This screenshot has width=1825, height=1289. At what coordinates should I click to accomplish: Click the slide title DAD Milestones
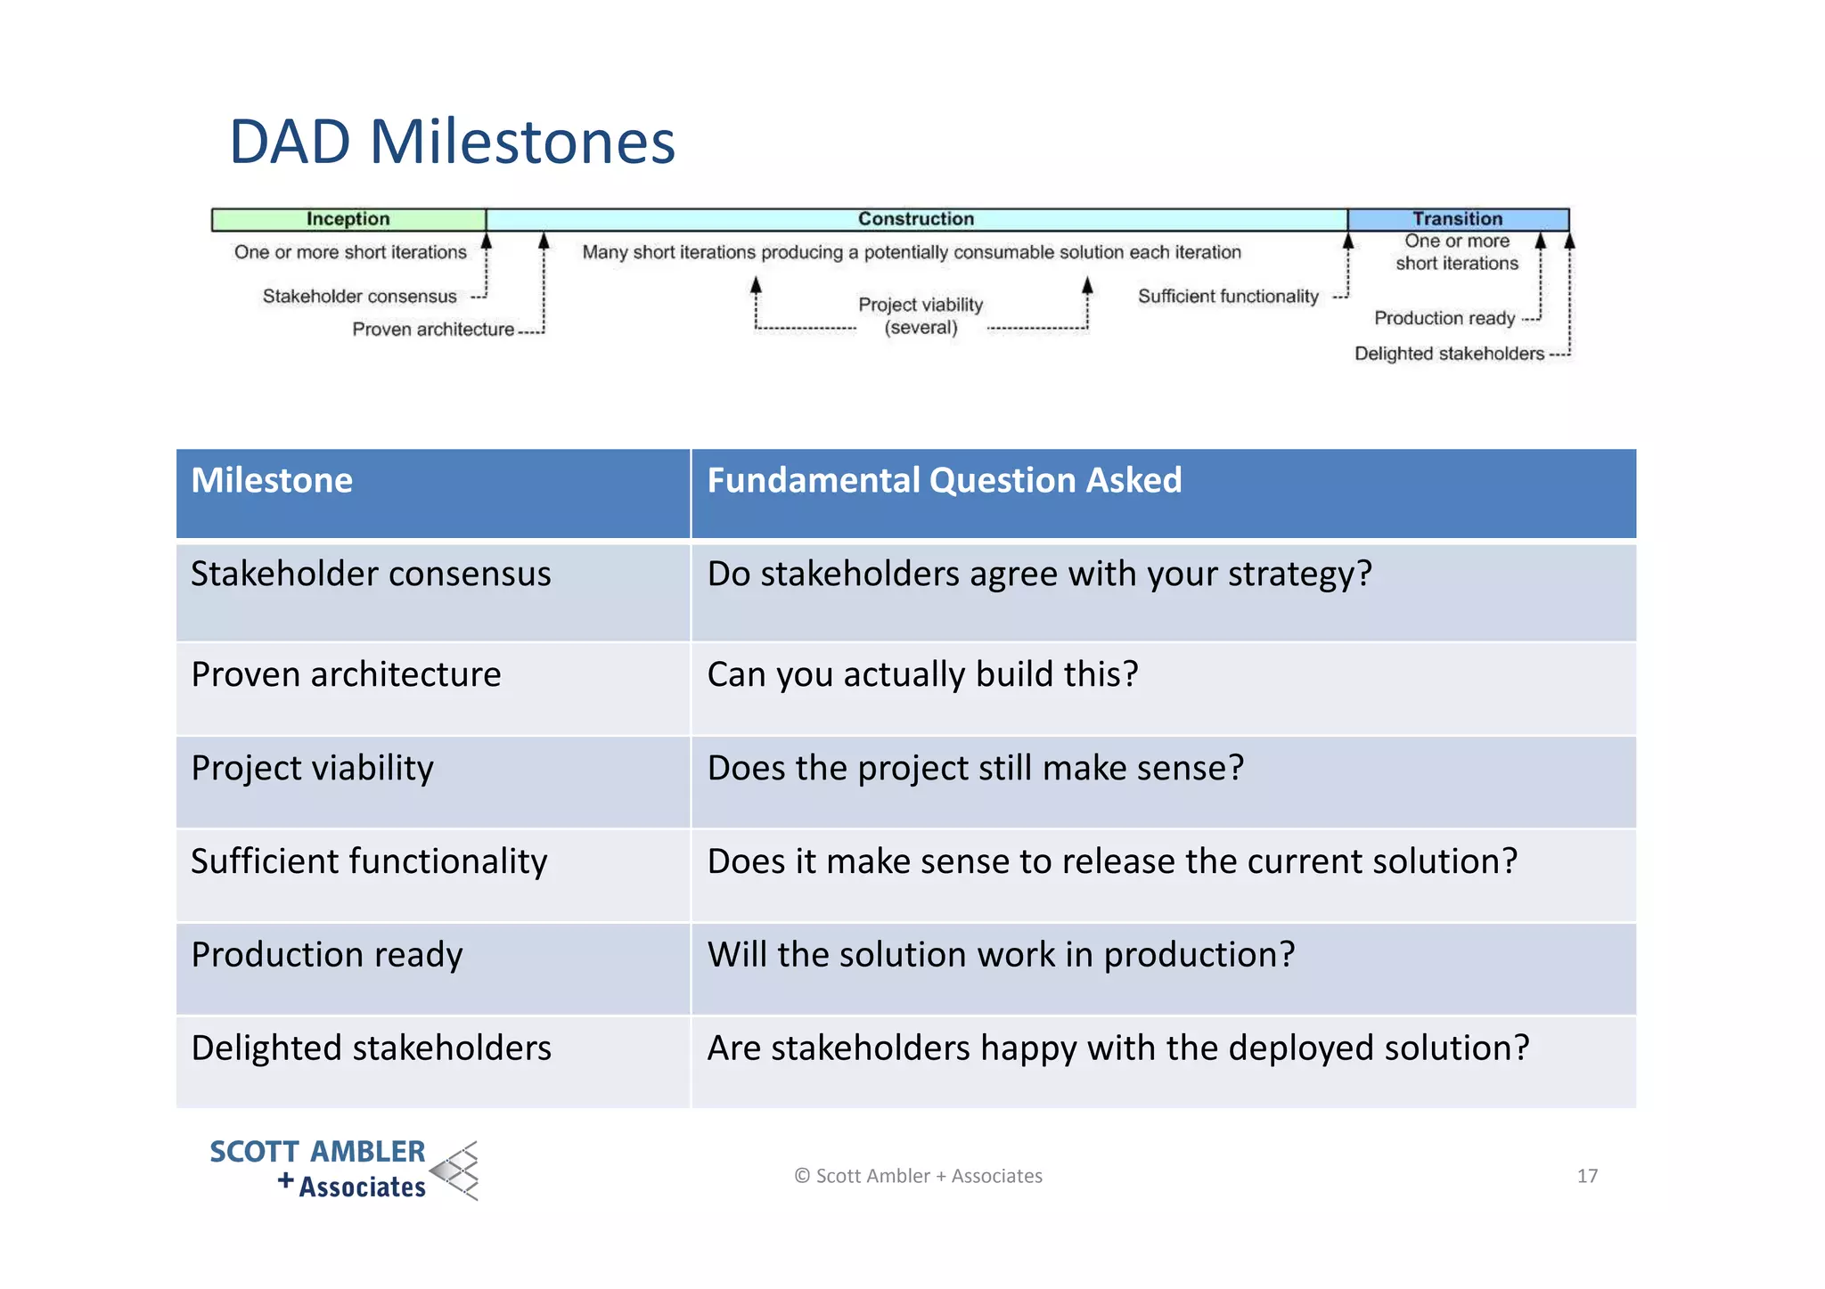pyautogui.click(x=452, y=142)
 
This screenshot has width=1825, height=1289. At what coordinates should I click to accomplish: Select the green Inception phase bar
pyautogui.click(x=348, y=219)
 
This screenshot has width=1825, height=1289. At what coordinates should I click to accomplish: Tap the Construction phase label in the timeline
pyautogui.click(x=915, y=219)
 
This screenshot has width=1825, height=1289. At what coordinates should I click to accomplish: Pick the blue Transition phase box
pyautogui.click(x=1457, y=219)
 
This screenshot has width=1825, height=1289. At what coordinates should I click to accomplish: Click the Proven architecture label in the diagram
pyautogui.click(x=433, y=330)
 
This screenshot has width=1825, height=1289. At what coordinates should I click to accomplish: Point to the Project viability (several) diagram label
pyautogui.click(x=921, y=315)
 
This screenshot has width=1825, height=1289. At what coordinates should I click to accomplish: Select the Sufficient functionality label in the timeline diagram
pyautogui.click(x=1227, y=297)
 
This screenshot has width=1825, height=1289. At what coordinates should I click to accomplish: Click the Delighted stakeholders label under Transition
pyautogui.click(x=1449, y=354)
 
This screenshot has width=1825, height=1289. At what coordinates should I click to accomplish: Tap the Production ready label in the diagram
pyautogui.click(x=1444, y=318)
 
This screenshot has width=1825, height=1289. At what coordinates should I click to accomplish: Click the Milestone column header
pyautogui.click(x=272, y=481)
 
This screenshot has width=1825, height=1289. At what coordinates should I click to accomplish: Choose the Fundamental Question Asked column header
pyautogui.click(x=944, y=481)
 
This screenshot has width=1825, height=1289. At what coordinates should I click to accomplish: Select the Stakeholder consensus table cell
pyautogui.click(x=371, y=575)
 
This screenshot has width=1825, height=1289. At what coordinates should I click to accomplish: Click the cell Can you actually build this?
pyautogui.click(x=922, y=675)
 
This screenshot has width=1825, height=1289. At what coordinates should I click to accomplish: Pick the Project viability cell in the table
pyautogui.click(x=312, y=769)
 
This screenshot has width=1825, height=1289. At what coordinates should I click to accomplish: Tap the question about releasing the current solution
pyautogui.click(x=1111, y=862)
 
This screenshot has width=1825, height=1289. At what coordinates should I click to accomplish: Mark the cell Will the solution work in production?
pyautogui.click(x=1001, y=955)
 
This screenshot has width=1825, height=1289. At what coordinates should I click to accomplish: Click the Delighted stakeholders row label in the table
pyautogui.click(x=371, y=1048)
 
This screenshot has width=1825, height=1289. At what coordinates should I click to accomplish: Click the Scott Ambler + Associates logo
pyautogui.click(x=344, y=1170)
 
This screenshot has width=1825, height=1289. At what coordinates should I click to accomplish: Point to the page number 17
pyautogui.click(x=1586, y=1176)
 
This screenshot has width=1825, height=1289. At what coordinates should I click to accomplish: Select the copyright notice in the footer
pyautogui.click(x=918, y=1176)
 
